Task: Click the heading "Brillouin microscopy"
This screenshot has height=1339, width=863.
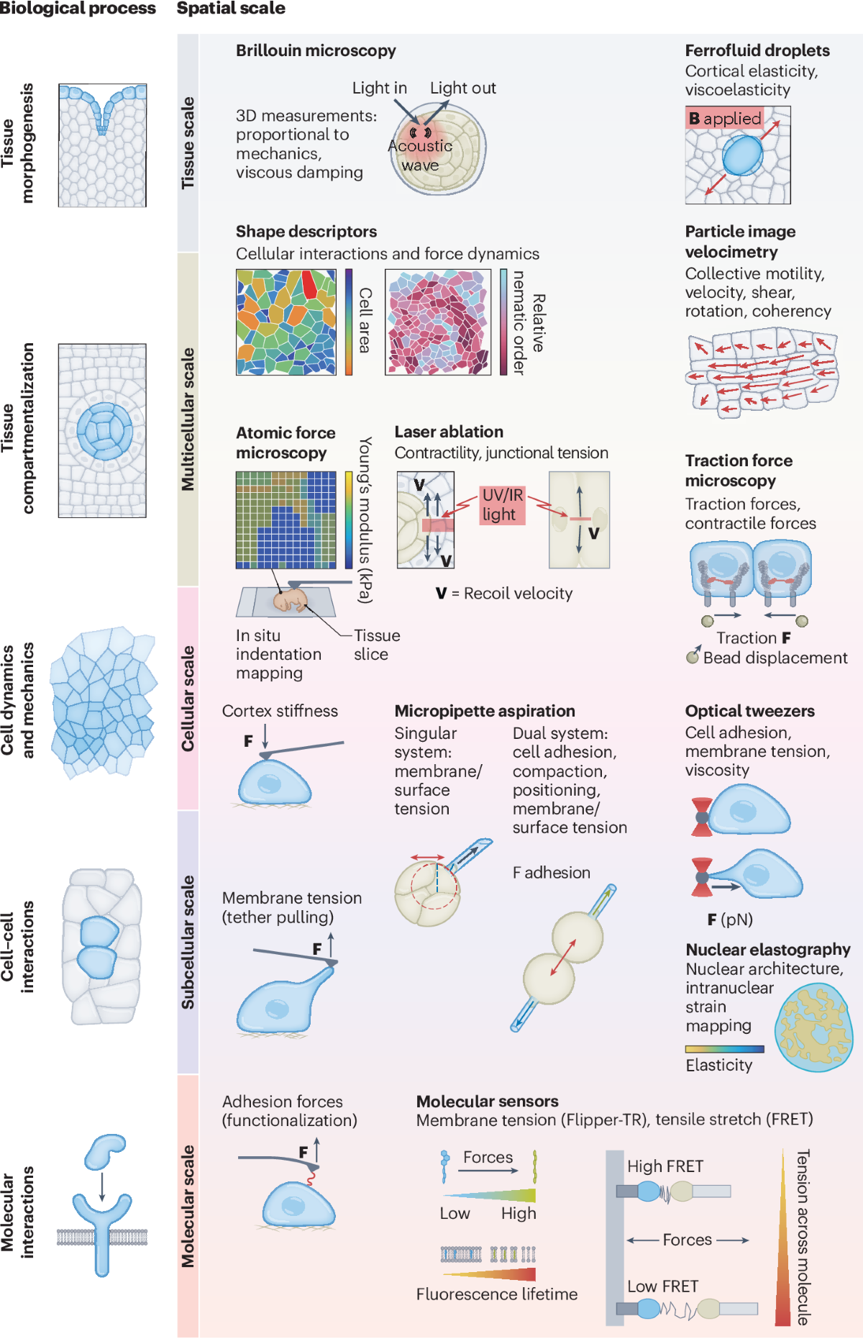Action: tap(316, 50)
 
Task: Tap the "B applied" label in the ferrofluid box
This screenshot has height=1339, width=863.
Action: tap(724, 119)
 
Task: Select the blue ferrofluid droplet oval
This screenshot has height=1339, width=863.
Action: tap(742, 156)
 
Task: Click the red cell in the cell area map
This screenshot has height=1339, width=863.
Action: tap(309, 285)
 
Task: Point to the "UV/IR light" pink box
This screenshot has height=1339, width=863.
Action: tap(502, 504)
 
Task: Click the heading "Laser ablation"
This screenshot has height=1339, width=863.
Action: tap(449, 432)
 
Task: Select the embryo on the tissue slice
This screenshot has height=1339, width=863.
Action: tap(291, 600)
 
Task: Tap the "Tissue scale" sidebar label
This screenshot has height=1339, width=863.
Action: tap(188, 143)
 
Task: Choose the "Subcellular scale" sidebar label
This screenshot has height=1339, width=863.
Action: tap(188, 942)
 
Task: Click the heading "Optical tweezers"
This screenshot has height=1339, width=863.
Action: tap(749, 711)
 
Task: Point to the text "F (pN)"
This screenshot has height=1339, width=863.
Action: tap(730, 920)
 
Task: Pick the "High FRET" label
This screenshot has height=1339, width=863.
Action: tap(665, 1166)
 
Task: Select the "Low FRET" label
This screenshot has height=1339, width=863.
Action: tap(662, 1286)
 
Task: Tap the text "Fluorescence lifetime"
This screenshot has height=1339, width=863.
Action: tap(496, 1294)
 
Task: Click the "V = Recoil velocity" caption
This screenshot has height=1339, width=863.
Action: tap(504, 594)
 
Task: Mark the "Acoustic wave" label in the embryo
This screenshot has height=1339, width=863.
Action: tap(420, 155)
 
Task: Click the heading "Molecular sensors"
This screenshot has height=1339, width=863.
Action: tap(487, 1102)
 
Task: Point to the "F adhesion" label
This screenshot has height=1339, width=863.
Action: tap(551, 873)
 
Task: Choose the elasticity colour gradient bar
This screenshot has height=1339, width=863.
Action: tap(724, 1049)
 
